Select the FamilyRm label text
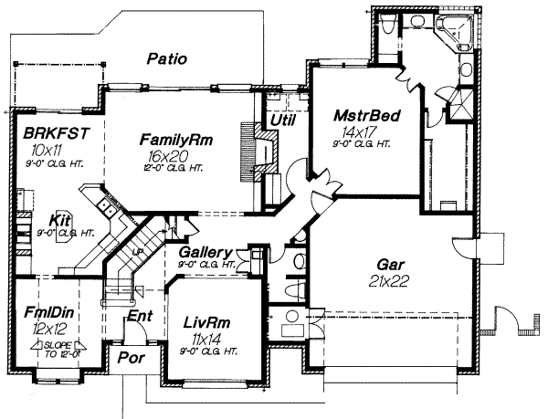176,140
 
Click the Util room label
280,120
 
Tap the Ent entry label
140,316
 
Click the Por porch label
130,358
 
